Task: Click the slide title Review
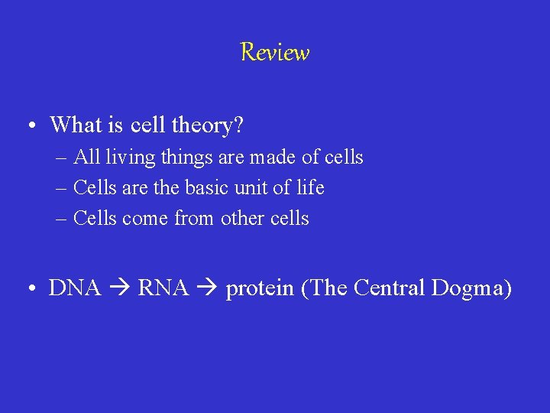(274, 53)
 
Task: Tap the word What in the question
(78, 124)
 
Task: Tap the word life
(309, 188)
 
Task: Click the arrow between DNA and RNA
(118, 289)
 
